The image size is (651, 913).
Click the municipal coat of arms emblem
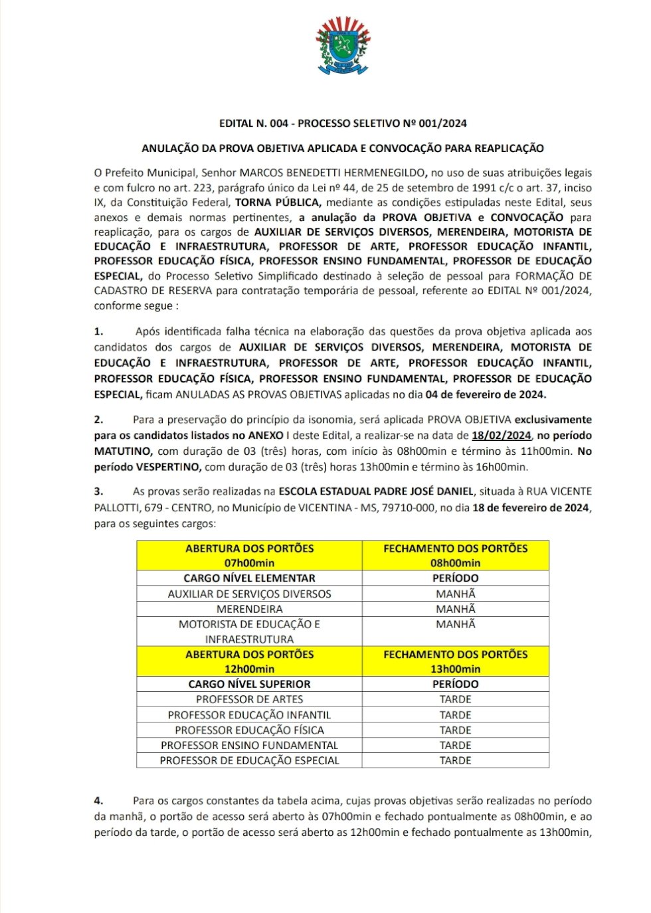pos(343,45)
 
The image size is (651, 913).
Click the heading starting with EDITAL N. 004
pos(343,124)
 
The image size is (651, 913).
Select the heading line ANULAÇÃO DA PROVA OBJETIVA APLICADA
pos(343,149)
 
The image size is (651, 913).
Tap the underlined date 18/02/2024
pos(501,436)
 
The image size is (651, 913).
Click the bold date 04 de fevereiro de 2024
pos(485,394)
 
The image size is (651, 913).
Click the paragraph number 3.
pos(98,491)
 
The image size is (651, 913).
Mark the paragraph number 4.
pos(98,801)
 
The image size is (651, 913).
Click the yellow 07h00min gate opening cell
pos(249,556)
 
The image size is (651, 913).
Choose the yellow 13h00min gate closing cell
pos(455,661)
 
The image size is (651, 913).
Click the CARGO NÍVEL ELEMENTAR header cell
pos(249,578)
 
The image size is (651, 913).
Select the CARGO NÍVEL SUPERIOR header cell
pos(249,684)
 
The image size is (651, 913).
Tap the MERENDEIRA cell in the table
pos(249,609)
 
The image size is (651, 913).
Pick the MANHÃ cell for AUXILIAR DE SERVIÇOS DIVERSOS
pos(455,594)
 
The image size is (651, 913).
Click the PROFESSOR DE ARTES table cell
pos(249,699)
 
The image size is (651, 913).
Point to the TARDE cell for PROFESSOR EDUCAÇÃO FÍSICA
pos(455,730)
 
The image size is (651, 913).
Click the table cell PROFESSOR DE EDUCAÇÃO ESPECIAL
pos(249,760)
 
